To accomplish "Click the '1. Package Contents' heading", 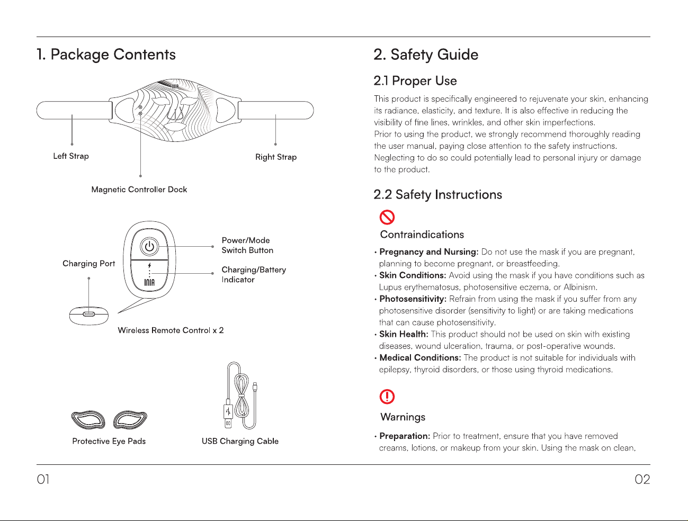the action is [x=106, y=55].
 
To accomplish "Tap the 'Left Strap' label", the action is [x=71, y=156].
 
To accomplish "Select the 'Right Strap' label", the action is [x=276, y=157].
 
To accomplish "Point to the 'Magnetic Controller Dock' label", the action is [x=139, y=190].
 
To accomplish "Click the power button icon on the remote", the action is [x=149, y=247].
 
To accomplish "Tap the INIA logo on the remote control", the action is [x=149, y=282].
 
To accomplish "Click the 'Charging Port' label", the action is [x=88, y=264].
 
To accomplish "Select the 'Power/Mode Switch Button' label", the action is [x=247, y=245].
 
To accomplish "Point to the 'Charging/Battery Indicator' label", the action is [x=254, y=274].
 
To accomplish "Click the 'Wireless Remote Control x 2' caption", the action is [x=171, y=330].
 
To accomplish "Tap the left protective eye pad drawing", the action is [x=88, y=419].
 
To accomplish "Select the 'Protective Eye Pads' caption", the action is [x=109, y=441].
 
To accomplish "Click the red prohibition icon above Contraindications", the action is [x=387, y=217].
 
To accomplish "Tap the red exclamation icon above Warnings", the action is [x=387, y=397].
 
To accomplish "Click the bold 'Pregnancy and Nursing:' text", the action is [x=429, y=252].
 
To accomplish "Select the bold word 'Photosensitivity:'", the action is [x=413, y=299].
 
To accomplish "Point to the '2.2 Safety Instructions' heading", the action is [x=438, y=194].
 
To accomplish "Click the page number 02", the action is [x=642, y=479].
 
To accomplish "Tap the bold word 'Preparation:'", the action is [x=405, y=436].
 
